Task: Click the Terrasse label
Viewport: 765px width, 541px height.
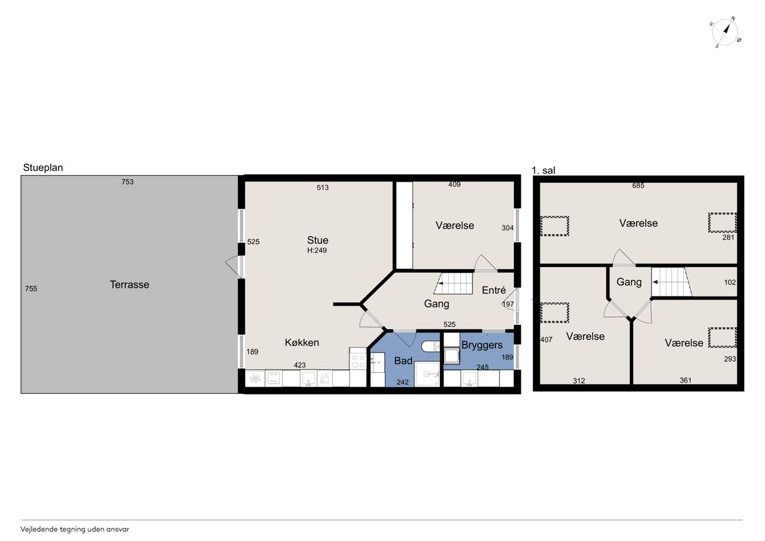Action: [130, 285]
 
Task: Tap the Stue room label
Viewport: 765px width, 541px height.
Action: [317, 240]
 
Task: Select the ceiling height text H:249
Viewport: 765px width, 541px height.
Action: [317, 250]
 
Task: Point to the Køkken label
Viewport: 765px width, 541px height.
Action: [302, 342]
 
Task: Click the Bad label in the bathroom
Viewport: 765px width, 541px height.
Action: [403, 360]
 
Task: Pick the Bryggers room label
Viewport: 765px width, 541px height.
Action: [482, 346]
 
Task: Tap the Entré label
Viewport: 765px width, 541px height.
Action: [494, 290]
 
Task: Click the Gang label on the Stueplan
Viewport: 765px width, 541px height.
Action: [436, 304]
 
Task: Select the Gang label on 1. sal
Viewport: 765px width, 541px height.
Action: [629, 282]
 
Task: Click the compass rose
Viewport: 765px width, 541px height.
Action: [726, 32]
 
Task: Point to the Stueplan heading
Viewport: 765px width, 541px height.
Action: [43, 168]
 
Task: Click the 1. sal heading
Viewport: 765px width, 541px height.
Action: [543, 170]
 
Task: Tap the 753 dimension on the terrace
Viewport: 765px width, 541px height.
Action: [128, 182]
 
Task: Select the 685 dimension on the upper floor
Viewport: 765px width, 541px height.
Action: [638, 185]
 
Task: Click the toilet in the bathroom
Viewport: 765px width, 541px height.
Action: [431, 346]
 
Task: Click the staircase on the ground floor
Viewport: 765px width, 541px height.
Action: [453, 283]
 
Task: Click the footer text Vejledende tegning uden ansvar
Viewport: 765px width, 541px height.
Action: [75, 530]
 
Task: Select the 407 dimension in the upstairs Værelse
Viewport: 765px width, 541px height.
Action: [546, 340]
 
